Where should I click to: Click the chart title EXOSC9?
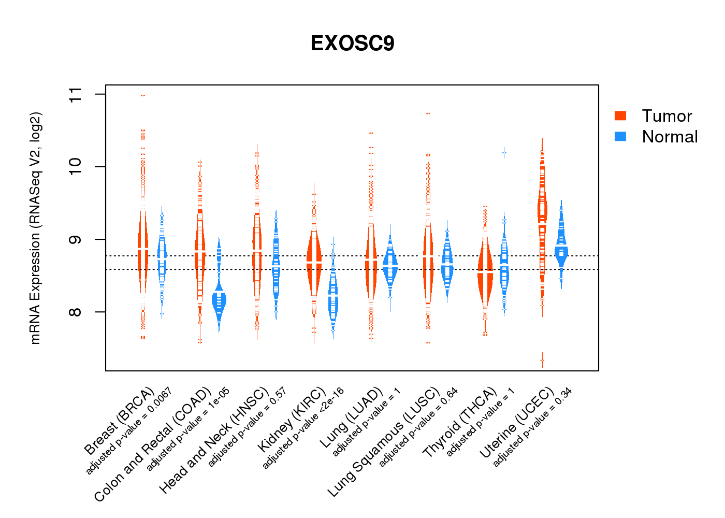click(352, 44)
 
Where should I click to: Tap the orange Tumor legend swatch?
click(620, 116)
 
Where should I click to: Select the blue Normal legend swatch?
click(620, 136)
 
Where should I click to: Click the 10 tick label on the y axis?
click(76, 167)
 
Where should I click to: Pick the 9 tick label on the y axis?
click(76, 239)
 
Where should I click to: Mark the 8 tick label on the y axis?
click(76, 312)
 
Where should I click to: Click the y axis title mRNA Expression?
click(35, 228)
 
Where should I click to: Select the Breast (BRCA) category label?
click(119, 421)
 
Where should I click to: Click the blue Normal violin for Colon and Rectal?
click(219, 301)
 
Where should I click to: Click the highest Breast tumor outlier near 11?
click(143, 95)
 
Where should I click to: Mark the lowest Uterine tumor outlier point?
click(542, 360)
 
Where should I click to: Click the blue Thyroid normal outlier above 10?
click(504, 153)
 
